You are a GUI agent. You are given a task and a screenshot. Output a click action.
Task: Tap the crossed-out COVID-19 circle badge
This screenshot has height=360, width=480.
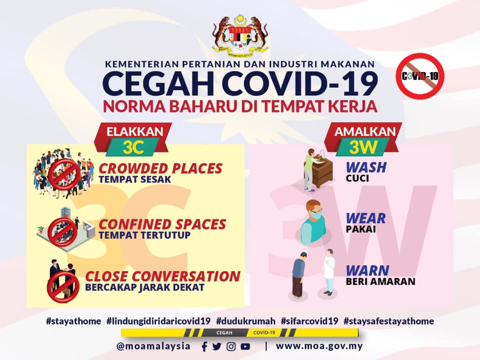click(419, 76)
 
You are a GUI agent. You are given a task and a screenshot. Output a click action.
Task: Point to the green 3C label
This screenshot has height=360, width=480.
click(133, 147)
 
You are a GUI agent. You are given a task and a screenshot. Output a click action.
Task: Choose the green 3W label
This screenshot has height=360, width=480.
click(363, 147)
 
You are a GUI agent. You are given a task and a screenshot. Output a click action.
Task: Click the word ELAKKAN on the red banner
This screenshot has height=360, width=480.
click(134, 131)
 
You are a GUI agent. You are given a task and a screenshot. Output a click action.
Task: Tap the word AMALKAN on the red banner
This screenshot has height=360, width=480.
click(364, 131)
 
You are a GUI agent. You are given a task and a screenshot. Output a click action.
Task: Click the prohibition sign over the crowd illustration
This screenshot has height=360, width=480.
click(64, 174)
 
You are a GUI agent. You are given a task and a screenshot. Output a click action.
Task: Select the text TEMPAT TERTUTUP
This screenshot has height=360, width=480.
click(144, 235)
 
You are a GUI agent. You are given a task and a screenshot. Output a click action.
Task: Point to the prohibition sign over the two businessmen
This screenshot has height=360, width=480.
click(63, 287)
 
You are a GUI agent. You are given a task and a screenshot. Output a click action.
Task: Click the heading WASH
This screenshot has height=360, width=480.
click(366, 167)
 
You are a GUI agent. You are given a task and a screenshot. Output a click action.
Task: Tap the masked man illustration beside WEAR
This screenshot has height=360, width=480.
click(311, 222)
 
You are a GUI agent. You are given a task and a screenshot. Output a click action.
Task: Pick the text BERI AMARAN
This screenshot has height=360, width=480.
click(380, 281)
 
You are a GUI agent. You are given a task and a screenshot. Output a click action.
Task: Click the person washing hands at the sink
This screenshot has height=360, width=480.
click(310, 169)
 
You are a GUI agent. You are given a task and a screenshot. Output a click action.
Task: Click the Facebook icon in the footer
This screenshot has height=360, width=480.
click(204, 346)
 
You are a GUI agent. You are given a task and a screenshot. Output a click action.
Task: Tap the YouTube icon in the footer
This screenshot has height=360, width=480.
click(245, 346)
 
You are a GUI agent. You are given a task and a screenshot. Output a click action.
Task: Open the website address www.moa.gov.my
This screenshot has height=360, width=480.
click(319, 346)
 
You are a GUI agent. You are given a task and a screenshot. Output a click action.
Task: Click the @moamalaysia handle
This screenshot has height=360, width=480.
click(153, 346)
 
